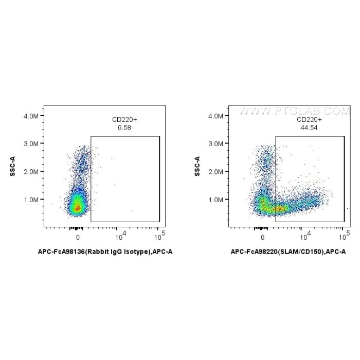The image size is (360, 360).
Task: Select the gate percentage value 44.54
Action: (x=310, y=127)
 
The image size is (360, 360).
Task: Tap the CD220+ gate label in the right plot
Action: (x=310, y=120)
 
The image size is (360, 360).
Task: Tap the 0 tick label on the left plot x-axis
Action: (x=78, y=237)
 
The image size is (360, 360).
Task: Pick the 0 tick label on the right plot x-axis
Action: (x=262, y=237)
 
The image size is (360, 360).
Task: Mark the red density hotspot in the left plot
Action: (x=78, y=208)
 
